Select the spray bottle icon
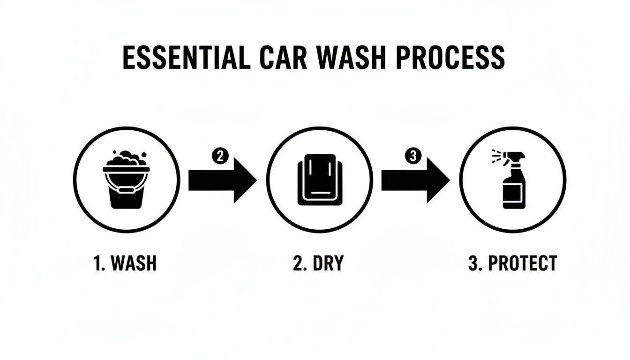pos(513,180)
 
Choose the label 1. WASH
pos(125,263)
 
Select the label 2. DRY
pos(318,263)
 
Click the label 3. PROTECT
pos(512,263)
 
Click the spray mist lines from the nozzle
pos(497,157)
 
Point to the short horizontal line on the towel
pos(319,193)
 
